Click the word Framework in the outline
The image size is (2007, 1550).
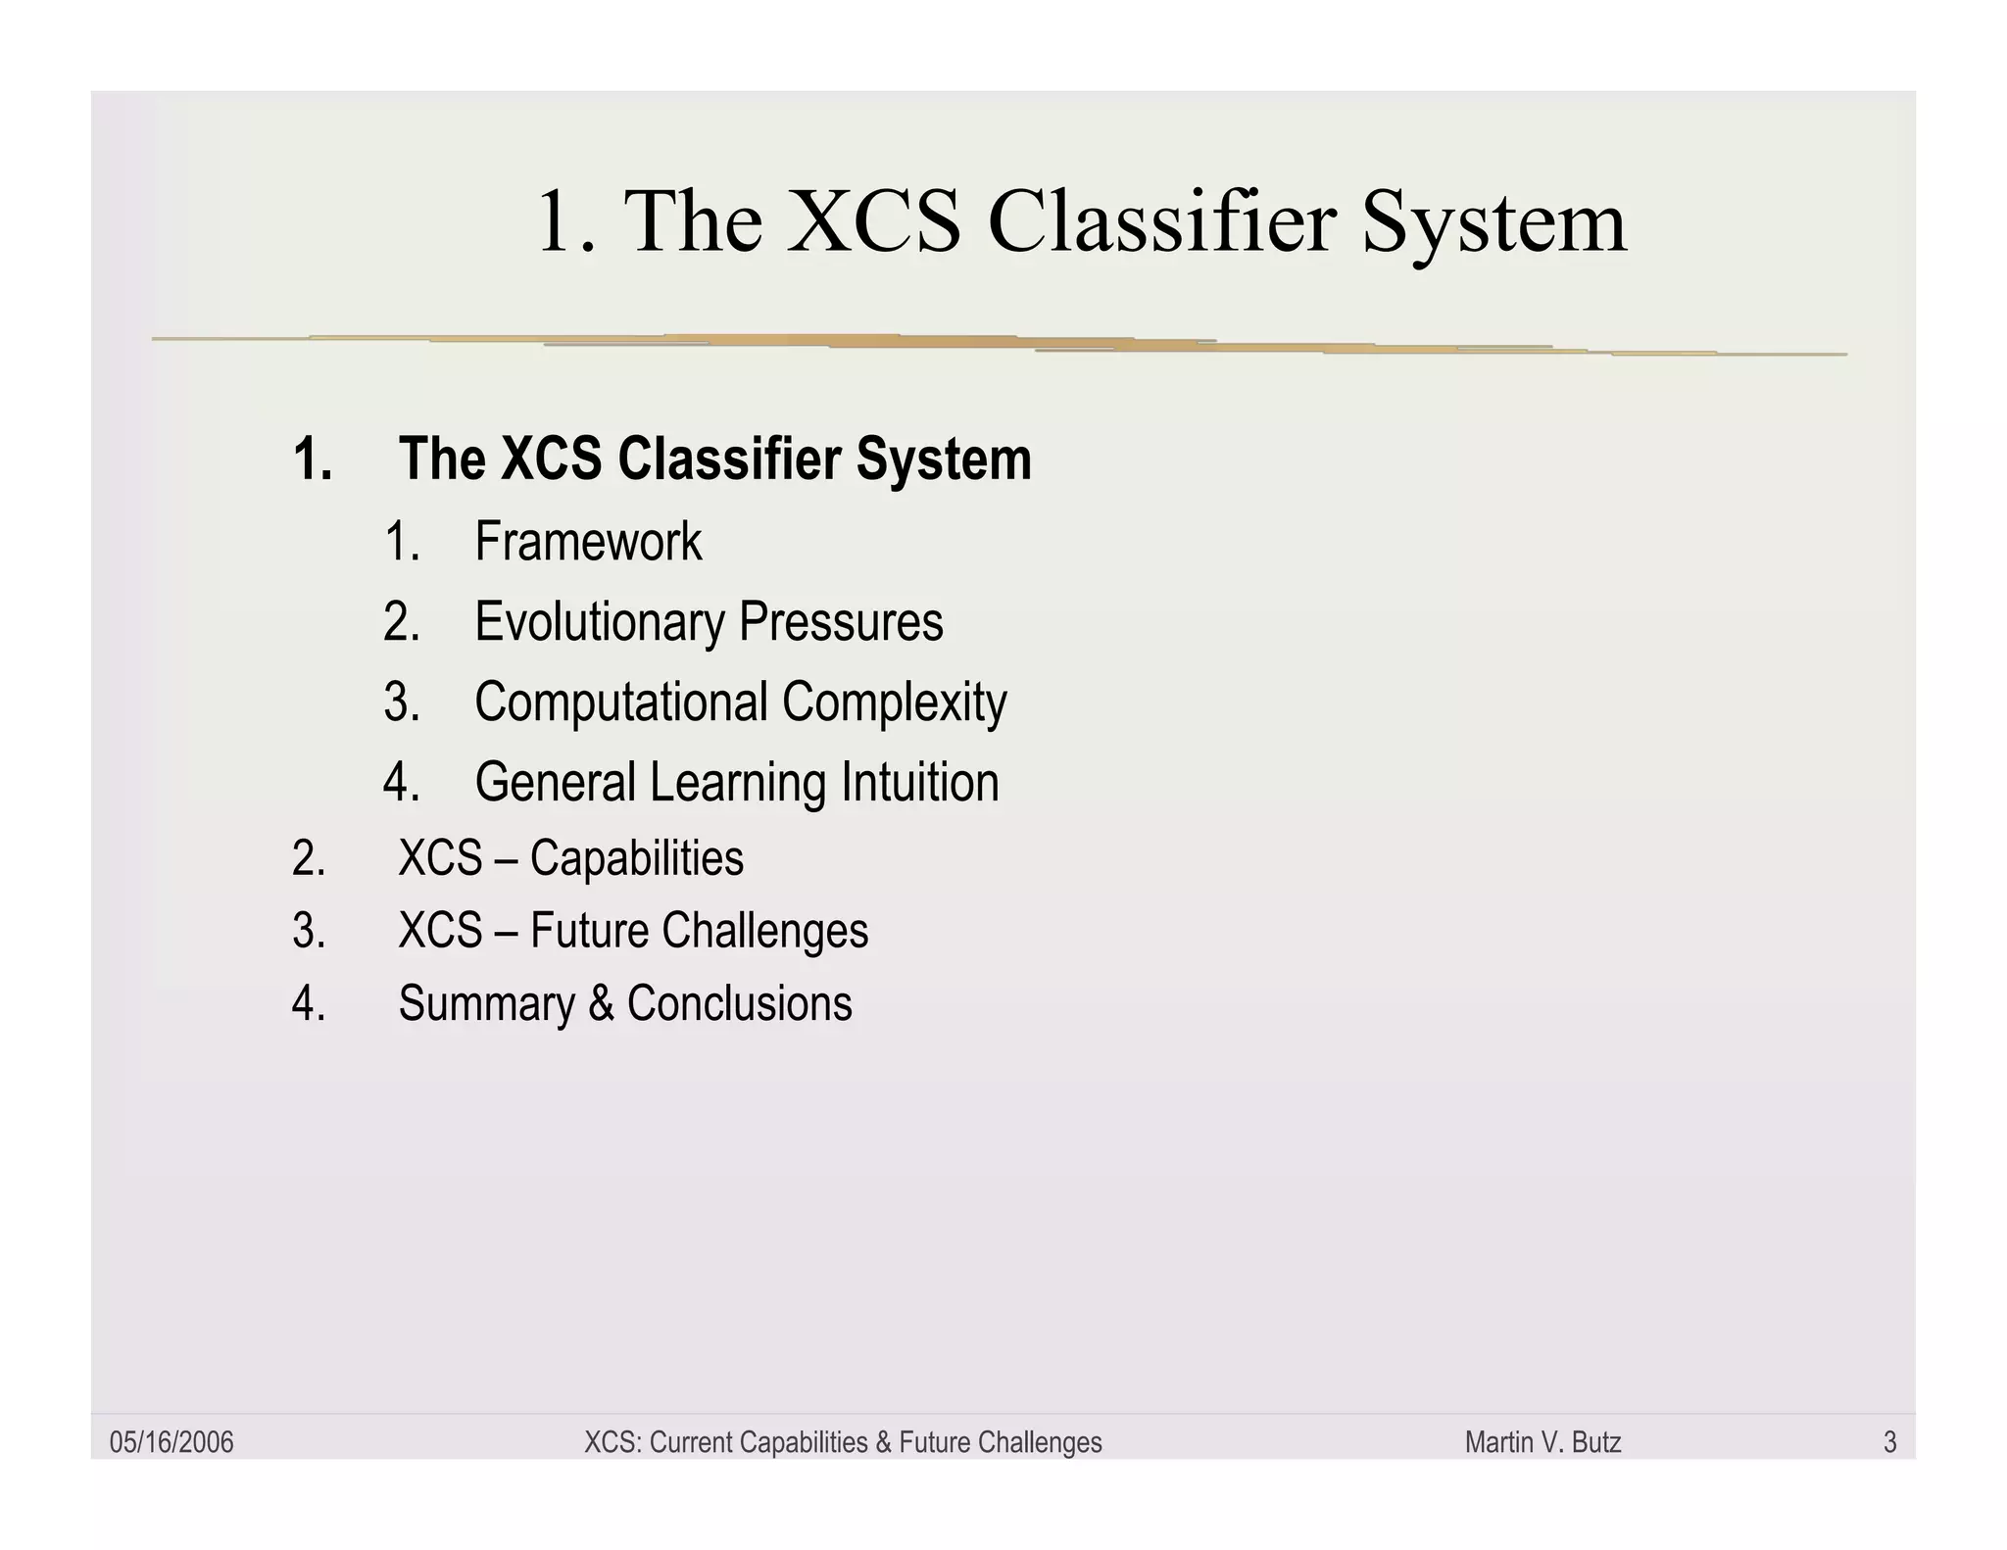point(588,542)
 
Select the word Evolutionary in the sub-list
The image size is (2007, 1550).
point(600,622)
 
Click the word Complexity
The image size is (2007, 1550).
point(895,702)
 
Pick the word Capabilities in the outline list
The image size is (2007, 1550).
point(637,858)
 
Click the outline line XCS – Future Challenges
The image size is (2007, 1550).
point(633,931)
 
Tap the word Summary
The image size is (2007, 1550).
point(486,1003)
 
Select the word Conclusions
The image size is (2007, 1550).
point(740,1003)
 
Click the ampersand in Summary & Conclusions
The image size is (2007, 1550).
point(601,1003)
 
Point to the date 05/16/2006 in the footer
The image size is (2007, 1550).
point(171,1442)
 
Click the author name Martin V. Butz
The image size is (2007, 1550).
point(1542,1442)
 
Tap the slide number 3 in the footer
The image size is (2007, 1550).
point(1889,1442)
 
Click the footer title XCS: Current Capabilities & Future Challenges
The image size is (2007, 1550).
point(843,1442)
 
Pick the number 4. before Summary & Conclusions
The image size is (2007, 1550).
point(309,1003)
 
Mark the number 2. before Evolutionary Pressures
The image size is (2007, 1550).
point(402,622)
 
